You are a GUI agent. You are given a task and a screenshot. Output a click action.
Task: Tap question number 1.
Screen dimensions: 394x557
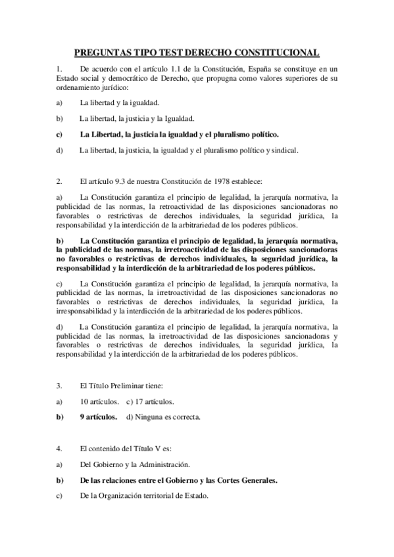[59, 69]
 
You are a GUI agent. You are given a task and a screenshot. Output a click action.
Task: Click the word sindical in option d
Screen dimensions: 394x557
[282, 150]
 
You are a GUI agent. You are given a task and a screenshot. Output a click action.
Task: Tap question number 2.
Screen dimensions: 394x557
[59, 181]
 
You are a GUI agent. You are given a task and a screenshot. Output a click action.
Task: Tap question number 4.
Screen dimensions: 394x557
[59, 449]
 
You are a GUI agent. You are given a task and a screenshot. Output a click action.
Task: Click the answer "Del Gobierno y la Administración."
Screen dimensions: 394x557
[135, 464]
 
